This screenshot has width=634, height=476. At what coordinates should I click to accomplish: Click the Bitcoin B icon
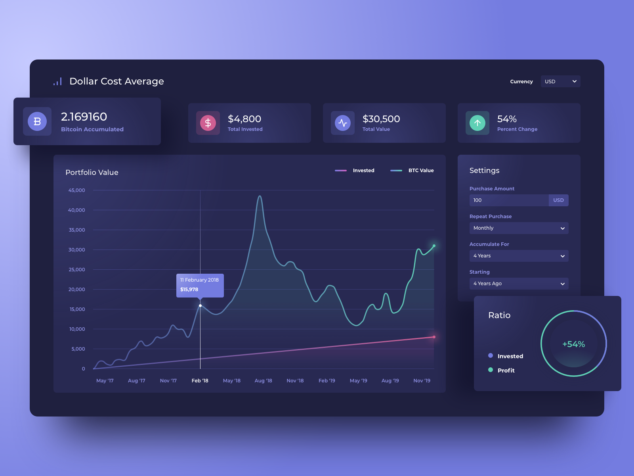(37, 121)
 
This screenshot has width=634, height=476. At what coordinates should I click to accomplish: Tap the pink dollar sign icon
(208, 123)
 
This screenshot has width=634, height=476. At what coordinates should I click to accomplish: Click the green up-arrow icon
(477, 123)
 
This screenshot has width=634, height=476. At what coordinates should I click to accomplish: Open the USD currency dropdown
(560, 81)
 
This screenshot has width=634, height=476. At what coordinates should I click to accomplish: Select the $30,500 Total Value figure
(381, 119)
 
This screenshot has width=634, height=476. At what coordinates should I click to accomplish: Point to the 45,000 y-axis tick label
(77, 190)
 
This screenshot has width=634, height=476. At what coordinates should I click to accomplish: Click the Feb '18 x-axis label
(200, 381)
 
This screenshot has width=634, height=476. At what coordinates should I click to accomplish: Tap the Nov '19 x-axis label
(422, 381)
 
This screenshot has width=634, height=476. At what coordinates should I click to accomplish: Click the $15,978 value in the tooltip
(189, 290)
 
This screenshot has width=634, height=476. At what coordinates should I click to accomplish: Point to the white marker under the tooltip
(200, 305)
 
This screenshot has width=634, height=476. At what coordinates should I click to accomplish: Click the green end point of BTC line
(434, 246)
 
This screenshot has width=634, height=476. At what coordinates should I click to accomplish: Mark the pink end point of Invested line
(434, 337)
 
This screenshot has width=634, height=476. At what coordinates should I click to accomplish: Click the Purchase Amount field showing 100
(509, 200)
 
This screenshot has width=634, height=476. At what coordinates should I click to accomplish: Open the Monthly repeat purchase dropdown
(519, 228)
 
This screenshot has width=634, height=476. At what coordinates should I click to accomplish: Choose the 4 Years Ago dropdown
(519, 284)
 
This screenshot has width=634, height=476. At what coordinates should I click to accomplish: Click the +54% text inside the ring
(574, 344)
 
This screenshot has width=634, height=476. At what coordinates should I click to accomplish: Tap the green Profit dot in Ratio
(491, 370)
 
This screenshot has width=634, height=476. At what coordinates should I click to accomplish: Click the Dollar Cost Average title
(116, 81)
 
